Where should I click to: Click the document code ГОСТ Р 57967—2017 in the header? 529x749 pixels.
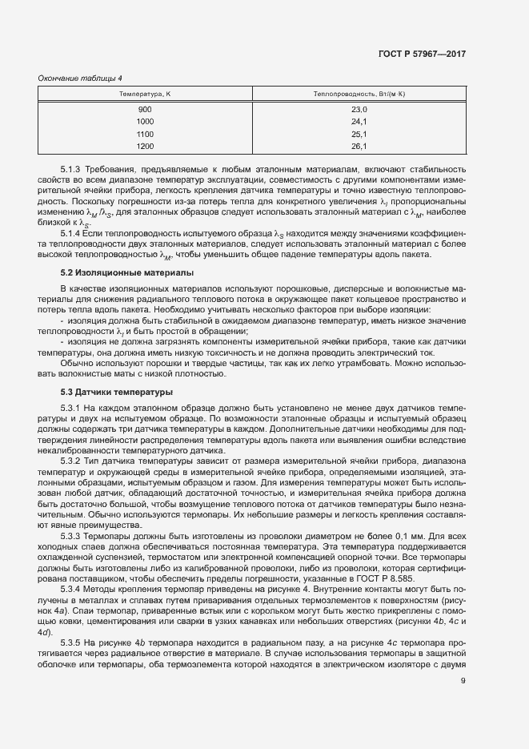coord(422,54)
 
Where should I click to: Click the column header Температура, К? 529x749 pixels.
coord(145,95)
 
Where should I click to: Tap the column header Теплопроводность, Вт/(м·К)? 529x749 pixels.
coord(359,95)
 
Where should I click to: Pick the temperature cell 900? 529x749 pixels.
coord(145,110)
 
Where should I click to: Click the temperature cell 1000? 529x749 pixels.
coord(145,122)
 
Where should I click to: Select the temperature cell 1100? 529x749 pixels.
coord(145,134)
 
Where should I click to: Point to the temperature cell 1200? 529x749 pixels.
coord(145,147)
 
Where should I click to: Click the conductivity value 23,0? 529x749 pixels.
coord(359,110)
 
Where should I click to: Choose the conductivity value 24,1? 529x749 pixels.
coord(359,122)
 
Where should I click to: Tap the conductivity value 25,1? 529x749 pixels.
coord(359,134)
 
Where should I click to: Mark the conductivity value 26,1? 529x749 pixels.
coord(359,147)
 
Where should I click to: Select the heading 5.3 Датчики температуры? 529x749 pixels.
coord(105,392)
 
